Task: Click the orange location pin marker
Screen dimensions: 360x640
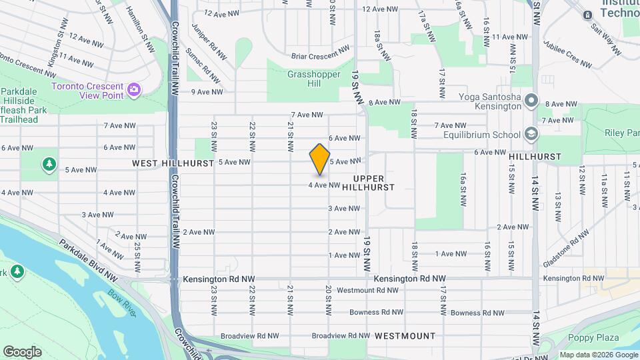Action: pos(320,159)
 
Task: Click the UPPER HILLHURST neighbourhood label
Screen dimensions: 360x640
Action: pos(373,183)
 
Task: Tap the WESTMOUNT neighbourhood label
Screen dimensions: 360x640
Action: pos(405,336)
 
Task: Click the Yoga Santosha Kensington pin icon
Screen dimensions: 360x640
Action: pos(531,101)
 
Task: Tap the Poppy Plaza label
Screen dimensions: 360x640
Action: pos(590,337)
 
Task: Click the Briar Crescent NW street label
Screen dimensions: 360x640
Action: pos(320,53)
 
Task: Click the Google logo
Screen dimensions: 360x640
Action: pos(22,351)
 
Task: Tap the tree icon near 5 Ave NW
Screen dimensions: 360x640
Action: pos(49,163)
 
